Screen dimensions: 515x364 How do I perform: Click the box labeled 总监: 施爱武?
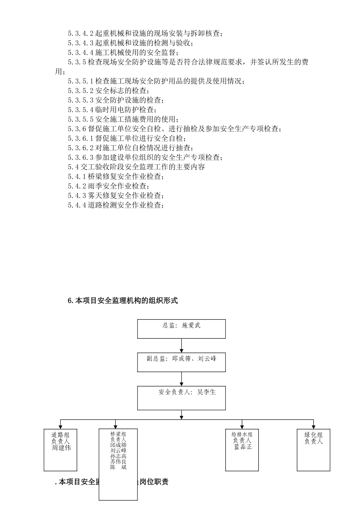pyautogui.click(x=181, y=329)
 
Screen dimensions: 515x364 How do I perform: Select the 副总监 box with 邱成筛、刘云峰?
pyautogui.click(x=181, y=362)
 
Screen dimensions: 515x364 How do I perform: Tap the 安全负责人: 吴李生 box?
pyautogui.click(x=181, y=398)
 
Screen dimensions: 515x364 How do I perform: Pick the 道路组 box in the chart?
pyautogui.click(x=61, y=449)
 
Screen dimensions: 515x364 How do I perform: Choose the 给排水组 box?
pyautogui.click(x=242, y=449)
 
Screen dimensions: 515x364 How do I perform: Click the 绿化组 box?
pyautogui.click(x=313, y=449)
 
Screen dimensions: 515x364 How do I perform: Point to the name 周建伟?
pyautogui.click(x=61, y=448)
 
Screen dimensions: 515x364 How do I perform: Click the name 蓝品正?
pyautogui.click(x=243, y=447)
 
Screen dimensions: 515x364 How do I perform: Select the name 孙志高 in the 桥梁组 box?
pyautogui.click(x=118, y=456)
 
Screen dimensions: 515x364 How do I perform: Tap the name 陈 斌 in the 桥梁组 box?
pyautogui.click(x=118, y=467)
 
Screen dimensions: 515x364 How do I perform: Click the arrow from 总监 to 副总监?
pyautogui.click(x=182, y=346)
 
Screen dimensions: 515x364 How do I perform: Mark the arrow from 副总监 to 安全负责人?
pyautogui.click(x=182, y=379)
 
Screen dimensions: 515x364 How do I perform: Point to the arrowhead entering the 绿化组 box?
pyautogui.click(x=313, y=426)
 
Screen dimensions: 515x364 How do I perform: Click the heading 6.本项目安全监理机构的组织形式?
pyautogui.click(x=123, y=301)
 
